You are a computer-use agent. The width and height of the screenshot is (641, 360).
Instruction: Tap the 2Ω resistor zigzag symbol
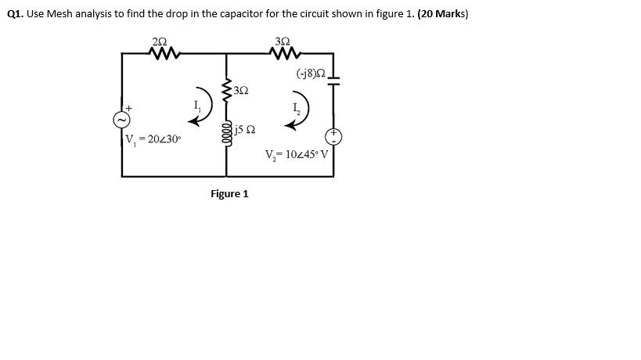tap(165, 54)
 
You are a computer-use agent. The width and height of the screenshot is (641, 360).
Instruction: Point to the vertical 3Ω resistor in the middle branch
tap(226, 91)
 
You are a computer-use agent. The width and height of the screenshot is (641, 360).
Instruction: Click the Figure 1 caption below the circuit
tap(229, 193)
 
